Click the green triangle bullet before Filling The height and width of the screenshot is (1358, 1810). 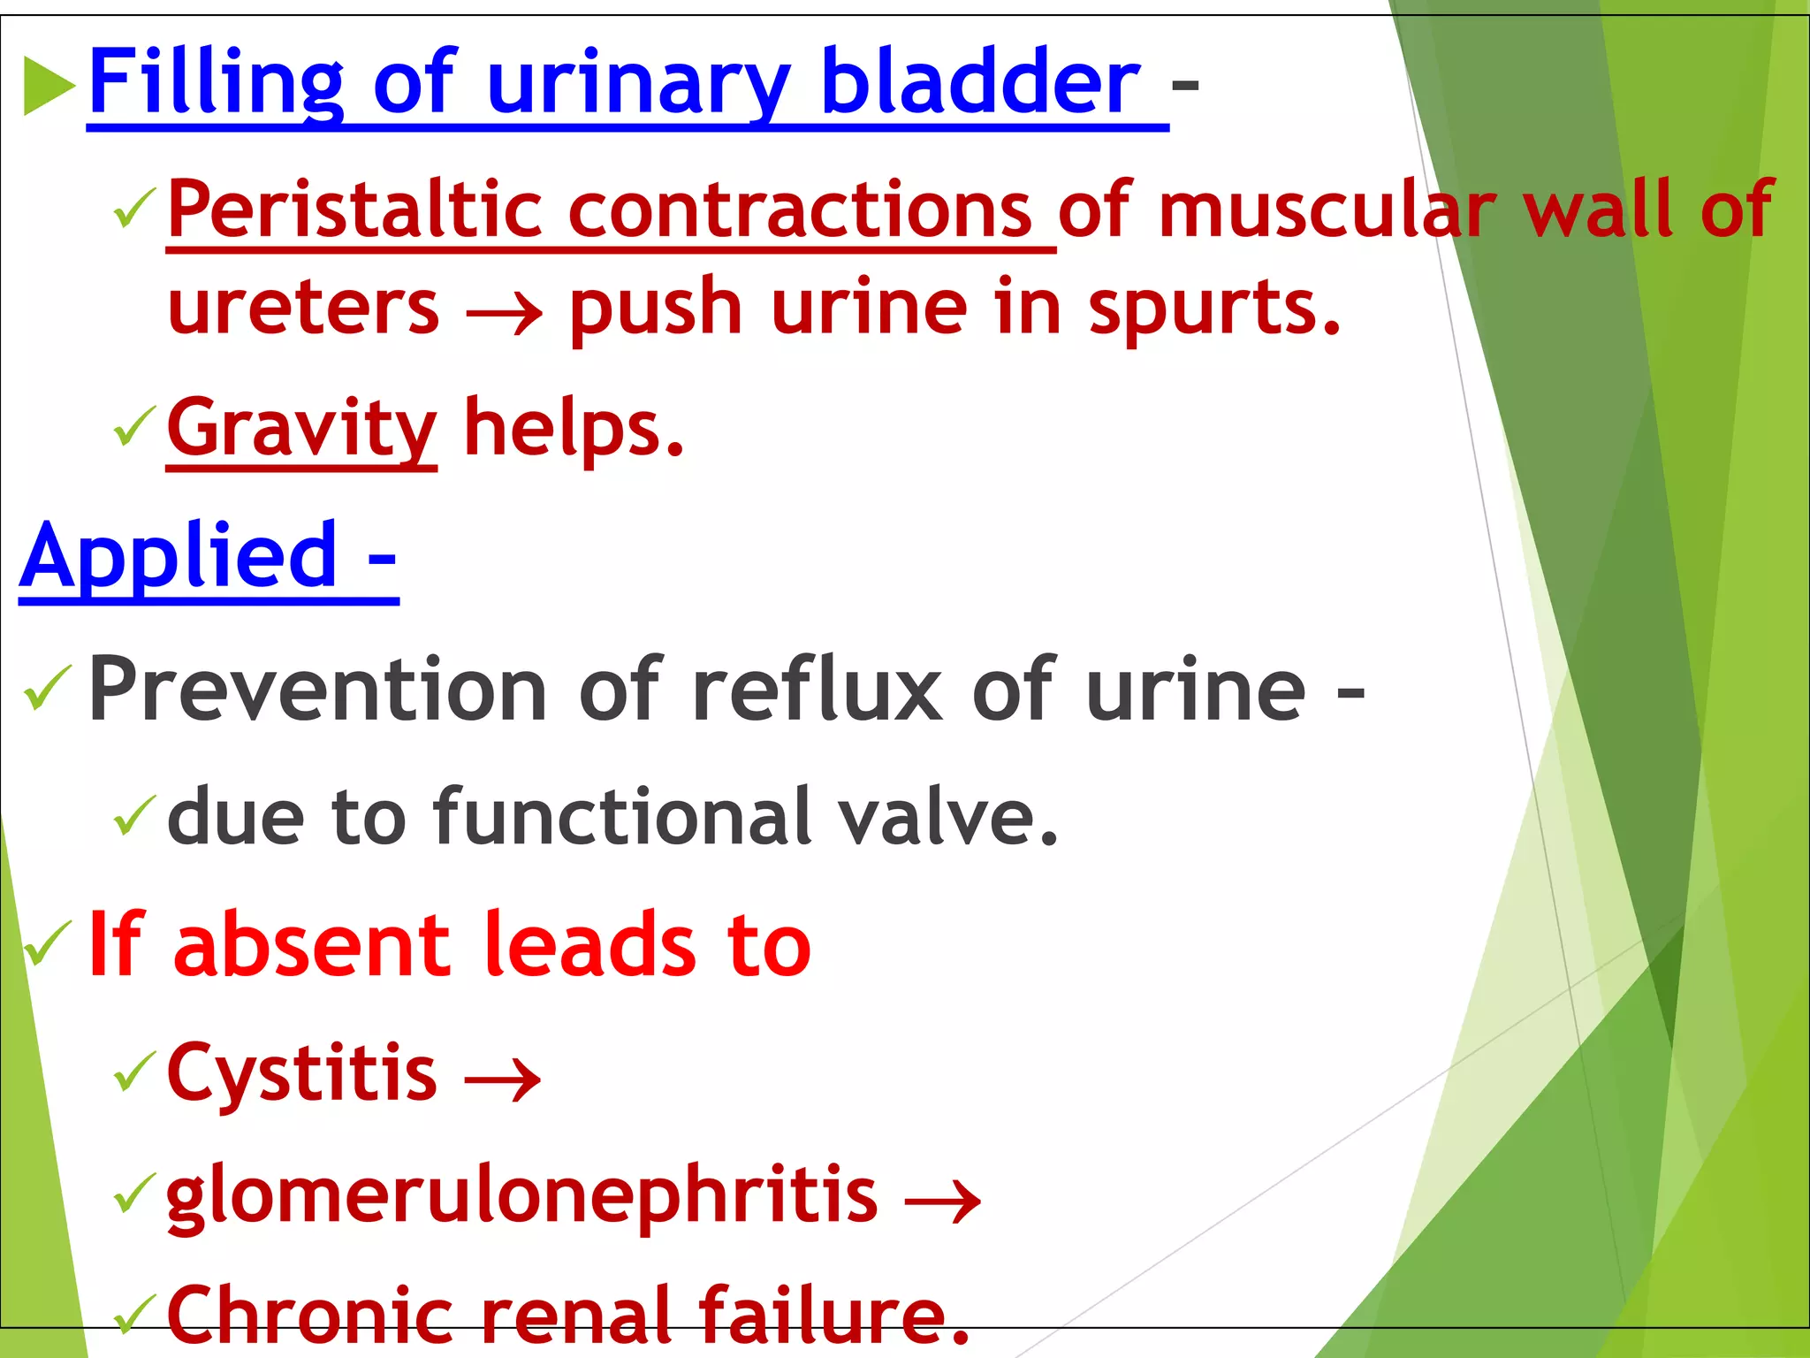pyautogui.click(x=49, y=86)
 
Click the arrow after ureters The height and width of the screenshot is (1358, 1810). pyautogui.click(x=504, y=312)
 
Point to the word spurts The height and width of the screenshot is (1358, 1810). pyautogui.click(x=1214, y=308)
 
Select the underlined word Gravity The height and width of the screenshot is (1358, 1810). pyautogui.click(x=301, y=430)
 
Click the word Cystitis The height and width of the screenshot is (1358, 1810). pyautogui.click(x=301, y=1073)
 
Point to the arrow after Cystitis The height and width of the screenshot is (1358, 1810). pyautogui.click(x=503, y=1080)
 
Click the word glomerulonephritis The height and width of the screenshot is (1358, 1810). pyautogui.click(x=521, y=1197)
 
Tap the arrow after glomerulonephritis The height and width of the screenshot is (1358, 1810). pyautogui.click(x=943, y=1202)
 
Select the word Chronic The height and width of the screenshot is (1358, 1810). pyautogui.click(x=309, y=1316)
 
